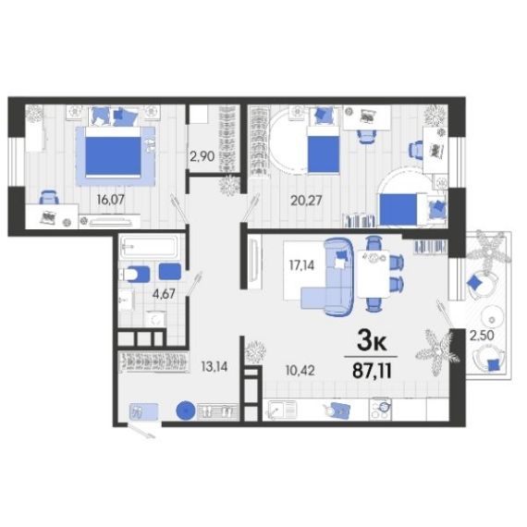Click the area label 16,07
(111, 200)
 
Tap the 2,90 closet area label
(202, 156)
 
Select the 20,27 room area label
(306, 201)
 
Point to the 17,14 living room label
(301, 265)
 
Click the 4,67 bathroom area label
(164, 294)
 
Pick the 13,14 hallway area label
(214, 367)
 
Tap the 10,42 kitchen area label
(300, 371)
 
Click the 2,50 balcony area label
(482, 336)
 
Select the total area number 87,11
(372, 372)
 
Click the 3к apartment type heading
(372, 342)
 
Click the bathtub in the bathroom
(149, 247)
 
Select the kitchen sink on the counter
(283, 410)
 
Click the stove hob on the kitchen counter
(380, 409)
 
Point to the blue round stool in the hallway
(186, 411)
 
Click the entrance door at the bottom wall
(141, 431)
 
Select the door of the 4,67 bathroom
(194, 283)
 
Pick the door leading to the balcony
(445, 313)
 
